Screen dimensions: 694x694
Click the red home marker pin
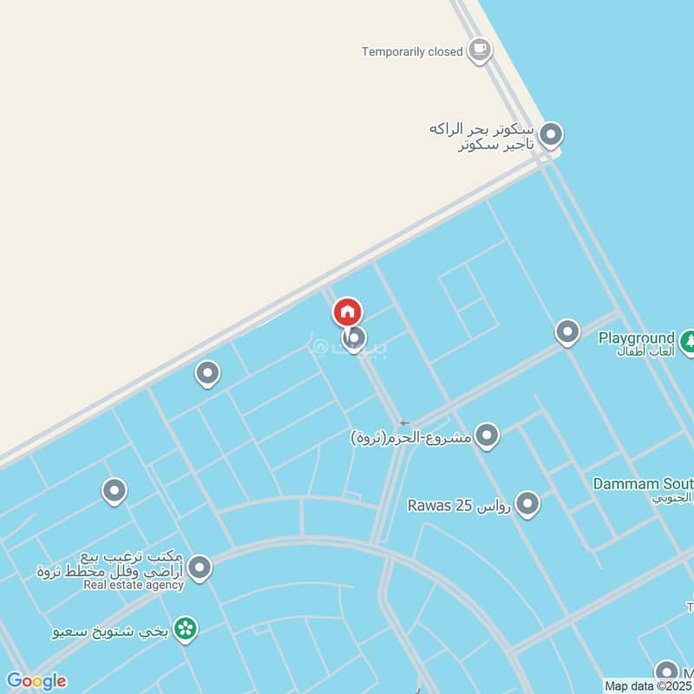(x=348, y=311)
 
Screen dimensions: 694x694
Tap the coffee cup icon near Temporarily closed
(x=478, y=49)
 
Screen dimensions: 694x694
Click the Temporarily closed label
(x=412, y=52)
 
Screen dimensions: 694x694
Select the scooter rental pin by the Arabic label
(x=551, y=134)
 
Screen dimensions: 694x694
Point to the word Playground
(x=636, y=337)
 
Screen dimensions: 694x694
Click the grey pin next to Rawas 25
(x=527, y=503)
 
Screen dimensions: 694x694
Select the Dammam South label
(x=643, y=483)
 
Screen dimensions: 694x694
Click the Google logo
(x=36, y=681)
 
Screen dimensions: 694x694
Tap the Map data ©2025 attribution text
(x=648, y=686)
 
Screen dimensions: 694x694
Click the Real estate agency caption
(x=134, y=585)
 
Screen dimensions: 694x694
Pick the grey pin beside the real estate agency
(x=200, y=568)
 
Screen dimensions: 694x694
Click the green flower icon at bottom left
(x=184, y=629)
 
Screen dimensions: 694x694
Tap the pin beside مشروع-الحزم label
(x=488, y=435)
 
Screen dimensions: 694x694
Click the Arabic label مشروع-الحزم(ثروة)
(x=411, y=437)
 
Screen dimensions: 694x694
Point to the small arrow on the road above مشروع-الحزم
(x=404, y=422)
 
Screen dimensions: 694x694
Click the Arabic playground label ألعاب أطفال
(x=645, y=352)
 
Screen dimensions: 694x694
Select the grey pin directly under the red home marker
(x=353, y=338)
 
